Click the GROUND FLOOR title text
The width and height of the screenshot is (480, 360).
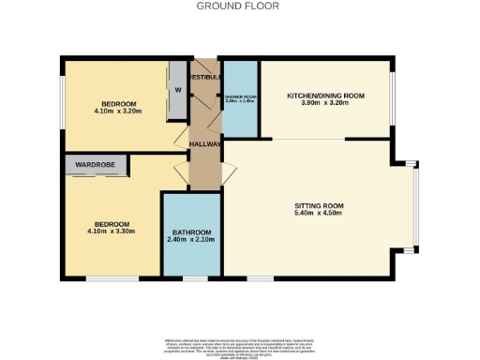[x=239, y=6]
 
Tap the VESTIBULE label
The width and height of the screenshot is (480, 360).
[x=204, y=76]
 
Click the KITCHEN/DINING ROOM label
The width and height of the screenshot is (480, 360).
[x=323, y=95]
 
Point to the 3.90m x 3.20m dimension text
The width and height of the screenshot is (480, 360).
[x=323, y=103]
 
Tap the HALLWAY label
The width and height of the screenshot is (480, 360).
[x=204, y=144]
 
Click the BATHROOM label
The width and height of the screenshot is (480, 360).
[x=191, y=232]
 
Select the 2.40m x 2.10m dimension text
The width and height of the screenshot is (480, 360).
[x=191, y=240]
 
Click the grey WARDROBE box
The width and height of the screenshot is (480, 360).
[x=95, y=165]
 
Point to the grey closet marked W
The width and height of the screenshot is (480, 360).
[x=176, y=91]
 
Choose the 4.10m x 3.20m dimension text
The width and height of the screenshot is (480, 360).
[x=119, y=112]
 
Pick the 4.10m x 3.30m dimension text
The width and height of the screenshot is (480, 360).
[x=108, y=232]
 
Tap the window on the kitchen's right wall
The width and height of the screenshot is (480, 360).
[x=391, y=99]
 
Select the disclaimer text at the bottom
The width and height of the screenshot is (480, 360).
[x=239, y=343]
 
